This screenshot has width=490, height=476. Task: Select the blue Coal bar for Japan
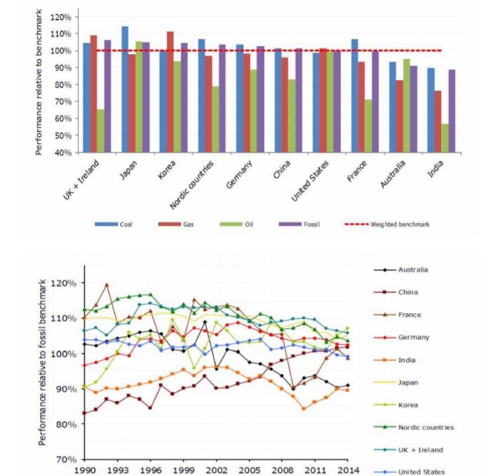click(x=125, y=89)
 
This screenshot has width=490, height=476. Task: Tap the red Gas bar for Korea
click(x=170, y=92)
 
